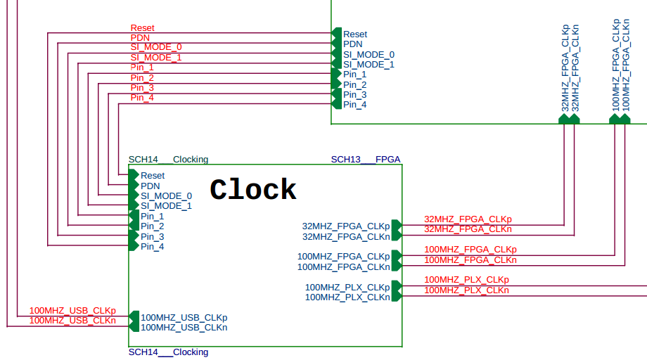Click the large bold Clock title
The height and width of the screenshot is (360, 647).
pos(253,190)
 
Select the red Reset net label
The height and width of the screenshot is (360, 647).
pos(142,28)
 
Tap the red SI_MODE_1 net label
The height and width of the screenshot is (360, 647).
pos(156,57)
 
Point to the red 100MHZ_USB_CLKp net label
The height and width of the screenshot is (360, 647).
pos(72,311)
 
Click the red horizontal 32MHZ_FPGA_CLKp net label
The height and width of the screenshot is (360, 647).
pos(468,219)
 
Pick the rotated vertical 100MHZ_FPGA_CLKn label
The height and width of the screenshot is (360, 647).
pos(626,67)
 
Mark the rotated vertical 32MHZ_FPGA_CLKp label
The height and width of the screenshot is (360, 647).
pos(565,68)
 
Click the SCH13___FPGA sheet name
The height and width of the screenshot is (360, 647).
pos(366,160)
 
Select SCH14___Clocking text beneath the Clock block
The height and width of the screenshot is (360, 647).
pos(168,352)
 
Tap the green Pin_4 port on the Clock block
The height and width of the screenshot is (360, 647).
pos(134,246)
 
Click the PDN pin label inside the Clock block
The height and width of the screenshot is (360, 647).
pos(150,186)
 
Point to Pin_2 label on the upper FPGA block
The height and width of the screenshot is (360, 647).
pos(354,84)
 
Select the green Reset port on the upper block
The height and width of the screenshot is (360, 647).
pos(336,34)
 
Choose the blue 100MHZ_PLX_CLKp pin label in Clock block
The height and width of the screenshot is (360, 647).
pos(347,287)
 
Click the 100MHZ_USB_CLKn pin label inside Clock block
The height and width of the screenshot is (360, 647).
pos(184,327)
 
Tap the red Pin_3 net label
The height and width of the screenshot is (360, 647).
pos(142,87)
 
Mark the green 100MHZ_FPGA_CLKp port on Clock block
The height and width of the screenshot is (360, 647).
pos(396,256)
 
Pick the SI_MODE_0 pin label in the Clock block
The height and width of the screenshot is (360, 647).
pos(166,195)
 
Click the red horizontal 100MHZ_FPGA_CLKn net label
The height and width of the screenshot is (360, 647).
pos(470,260)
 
